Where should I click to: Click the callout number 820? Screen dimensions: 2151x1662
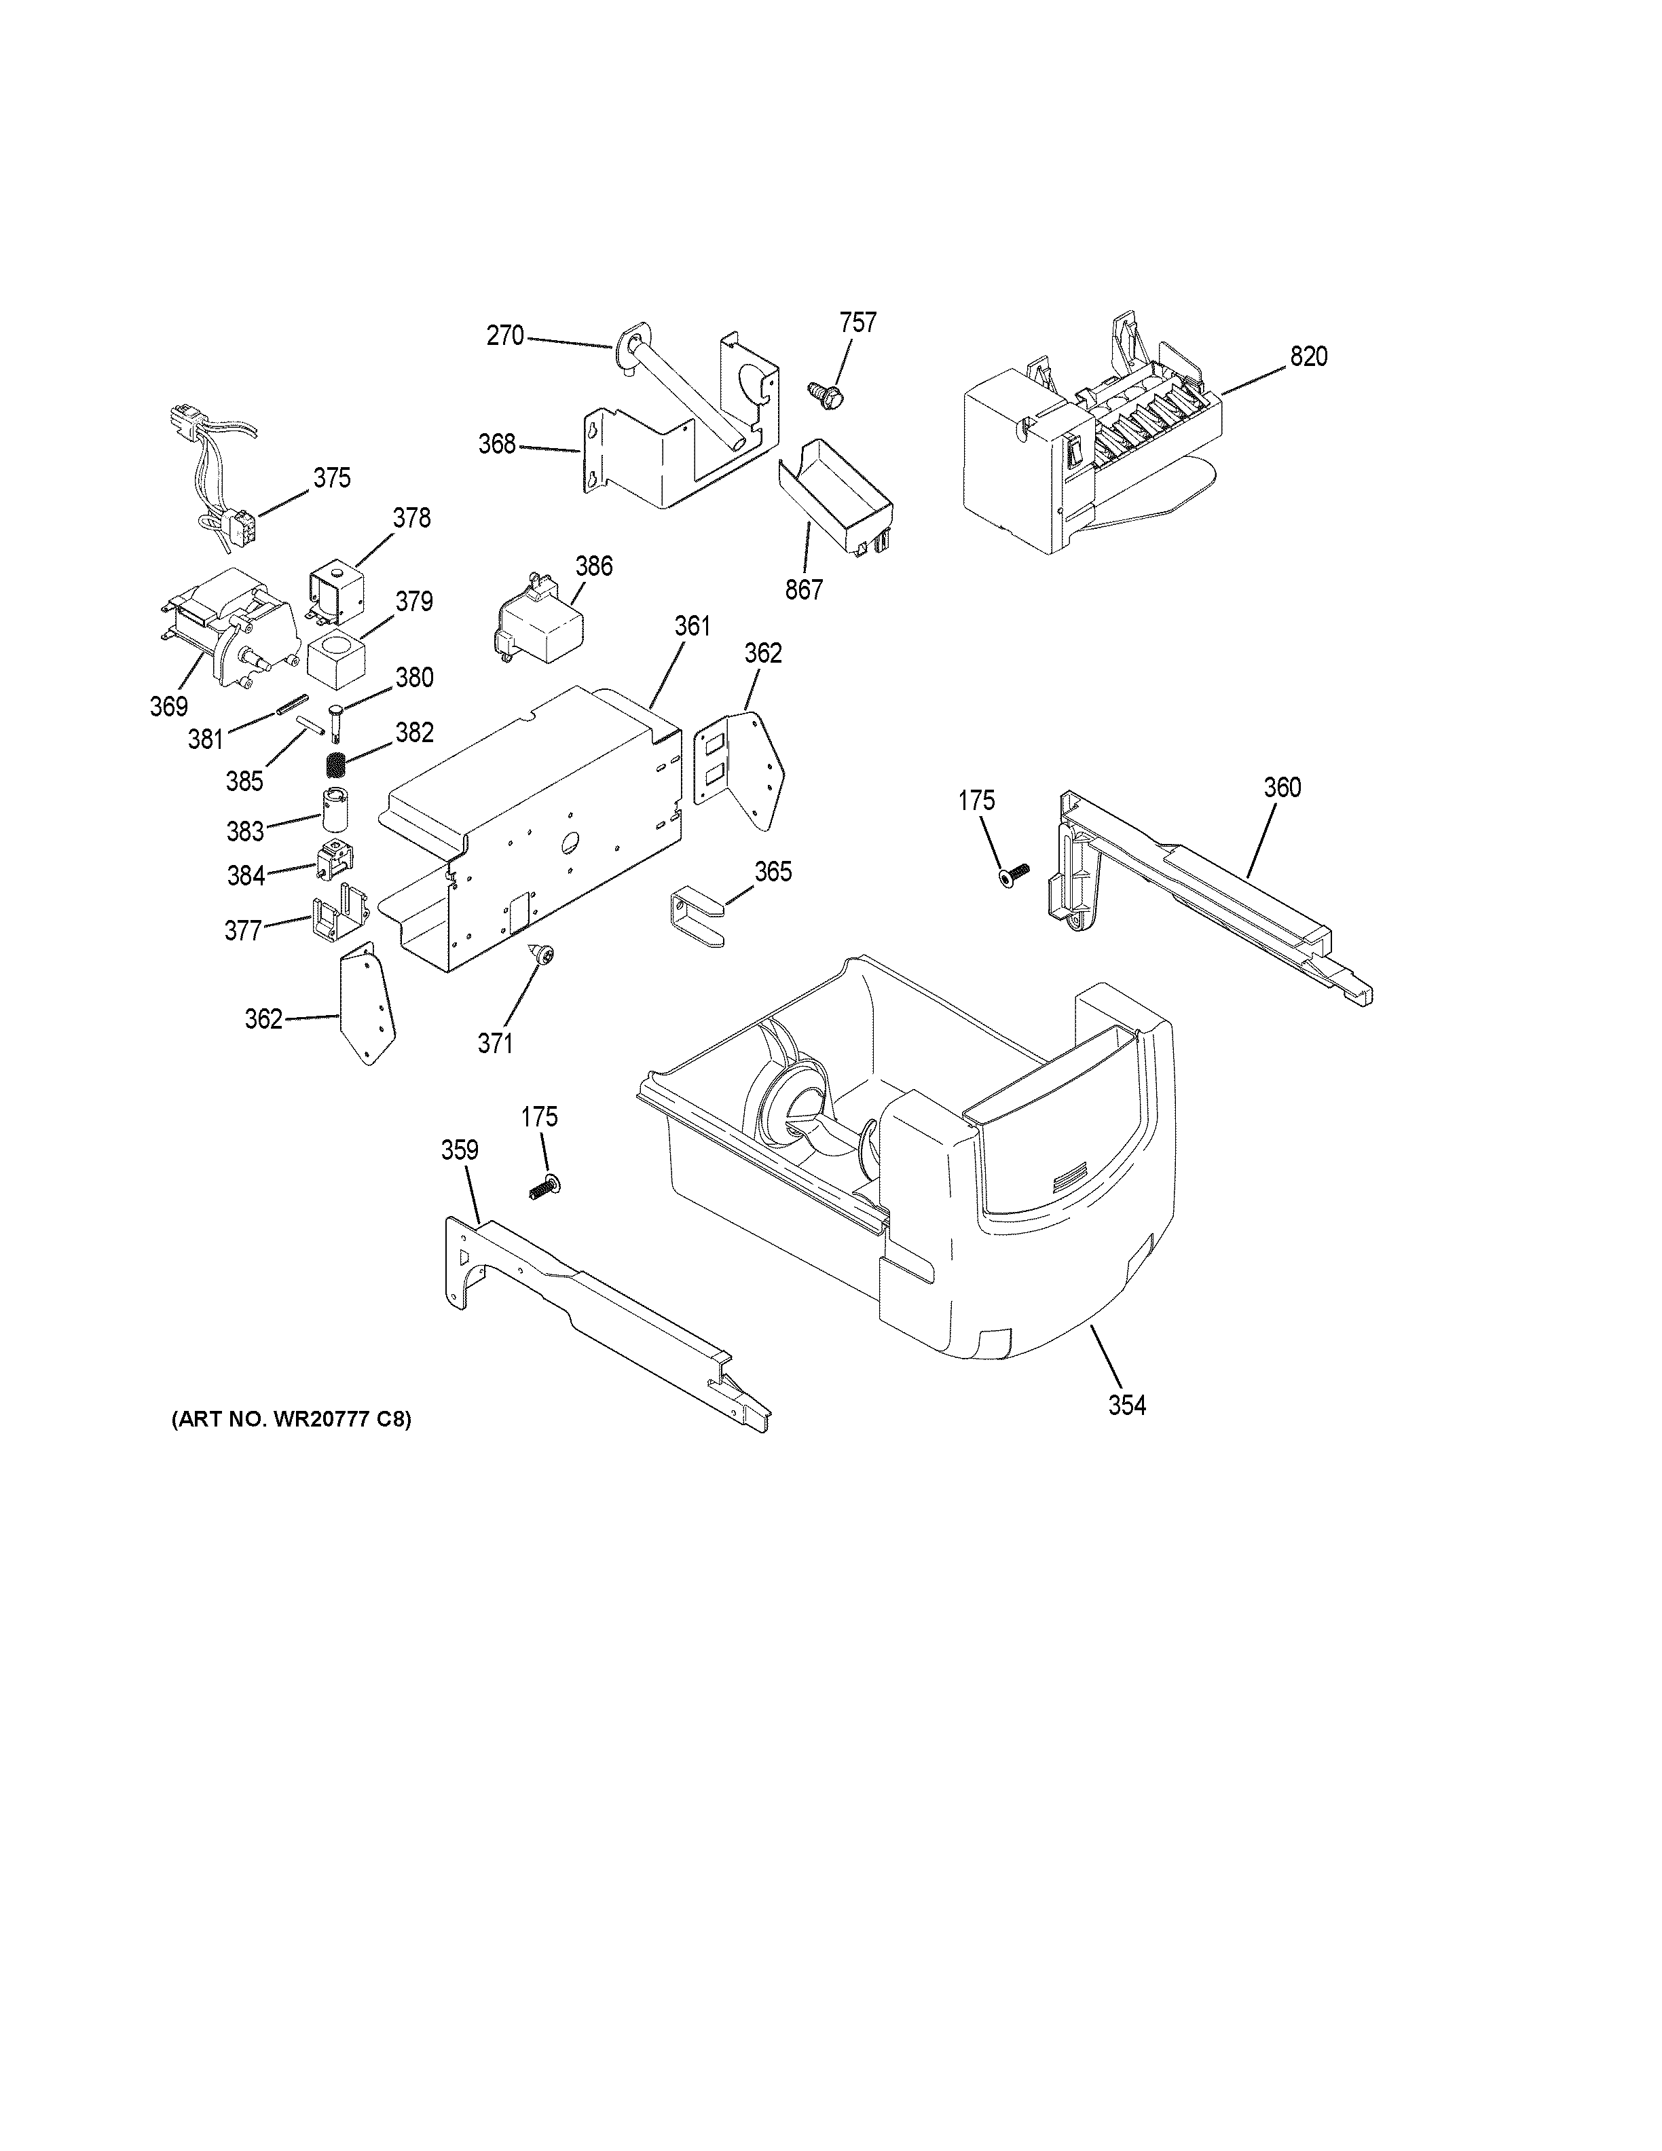coord(1308,356)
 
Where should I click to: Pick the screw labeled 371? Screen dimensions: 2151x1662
coord(542,953)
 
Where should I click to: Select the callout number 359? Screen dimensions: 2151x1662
coord(459,1150)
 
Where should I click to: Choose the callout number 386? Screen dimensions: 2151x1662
coord(593,566)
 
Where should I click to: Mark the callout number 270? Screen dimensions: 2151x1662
coord(505,336)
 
